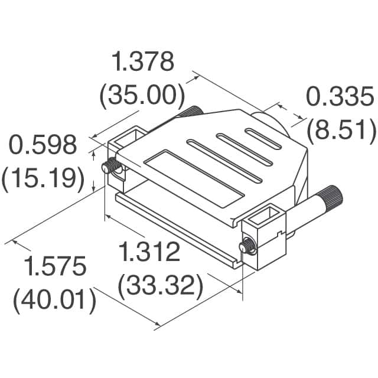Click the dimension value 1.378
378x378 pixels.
[x=143, y=61]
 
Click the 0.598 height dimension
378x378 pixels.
[x=40, y=145]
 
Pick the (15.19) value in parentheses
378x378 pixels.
[x=43, y=178]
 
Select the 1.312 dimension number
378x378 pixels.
[x=149, y=253]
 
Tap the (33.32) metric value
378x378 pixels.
[x=161, y=286]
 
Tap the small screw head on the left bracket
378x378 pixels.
[x=108, y=168]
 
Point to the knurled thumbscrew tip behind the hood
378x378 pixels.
[x=193, y=110]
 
